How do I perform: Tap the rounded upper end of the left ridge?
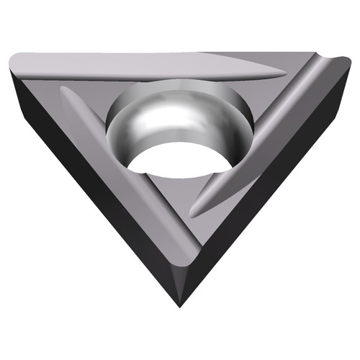(65, 91)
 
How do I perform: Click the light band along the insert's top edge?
(144, 59)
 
